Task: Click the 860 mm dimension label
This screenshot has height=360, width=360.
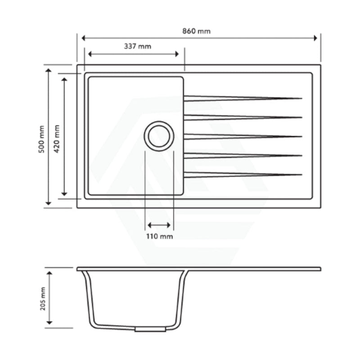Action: (197, 31)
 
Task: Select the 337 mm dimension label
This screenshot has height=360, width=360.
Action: (137, 46)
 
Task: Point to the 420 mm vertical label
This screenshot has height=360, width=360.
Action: (57, 139)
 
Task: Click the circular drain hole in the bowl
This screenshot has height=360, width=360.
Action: (159, 136)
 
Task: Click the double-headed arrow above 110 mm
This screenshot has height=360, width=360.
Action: (159, 225)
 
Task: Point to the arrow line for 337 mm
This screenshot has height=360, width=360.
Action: (134, 54)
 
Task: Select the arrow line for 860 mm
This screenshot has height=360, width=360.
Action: (199, 38)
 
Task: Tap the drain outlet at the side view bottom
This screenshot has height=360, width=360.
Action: (150, 329)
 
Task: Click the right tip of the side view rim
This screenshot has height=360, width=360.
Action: (320, 269)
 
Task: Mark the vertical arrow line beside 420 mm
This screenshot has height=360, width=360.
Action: (65, 136)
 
